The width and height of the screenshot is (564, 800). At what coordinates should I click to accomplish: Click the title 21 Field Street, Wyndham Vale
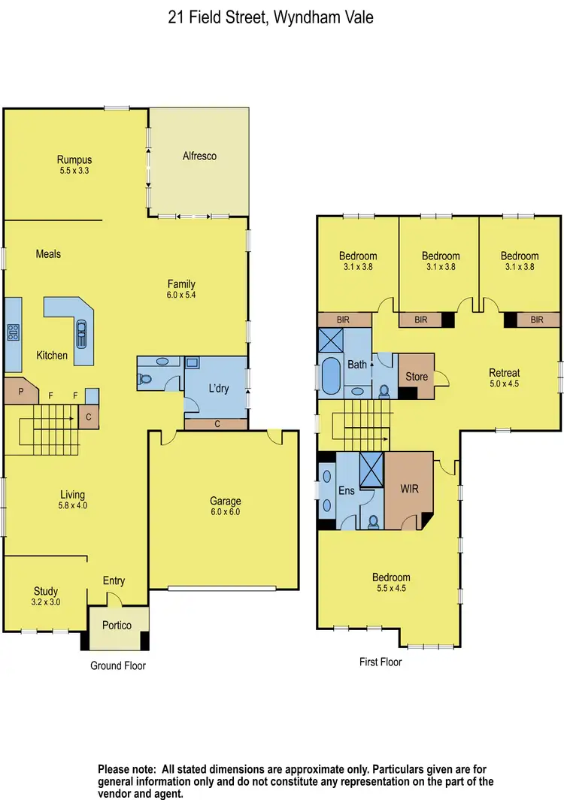(x=281, y=16)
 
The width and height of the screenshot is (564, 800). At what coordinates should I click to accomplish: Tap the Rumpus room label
(x=74, y=159)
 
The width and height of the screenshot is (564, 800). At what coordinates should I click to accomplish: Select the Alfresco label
(x=199, y=156)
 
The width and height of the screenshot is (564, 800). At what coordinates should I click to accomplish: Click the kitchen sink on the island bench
(x=80, y=331)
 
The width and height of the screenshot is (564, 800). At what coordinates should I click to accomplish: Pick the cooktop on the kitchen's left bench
(x=14, y=332)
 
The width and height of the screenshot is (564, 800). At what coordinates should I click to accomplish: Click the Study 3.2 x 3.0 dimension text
(x=45, y=602)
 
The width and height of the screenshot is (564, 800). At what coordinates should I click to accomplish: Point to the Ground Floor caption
(x=118, y=665)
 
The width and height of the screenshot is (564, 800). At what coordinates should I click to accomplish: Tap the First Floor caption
(x=381, y=662)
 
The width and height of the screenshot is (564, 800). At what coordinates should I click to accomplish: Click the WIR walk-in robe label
(x=409, y=488)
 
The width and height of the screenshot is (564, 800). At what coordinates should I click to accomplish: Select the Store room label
(x=416, y=376)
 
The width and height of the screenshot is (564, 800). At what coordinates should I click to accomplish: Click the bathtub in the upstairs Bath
(x=331, y=376)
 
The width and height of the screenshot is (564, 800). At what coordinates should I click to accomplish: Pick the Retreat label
(x=504, y=373)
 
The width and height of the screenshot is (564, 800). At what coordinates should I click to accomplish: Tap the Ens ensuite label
(x=346, y=491)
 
